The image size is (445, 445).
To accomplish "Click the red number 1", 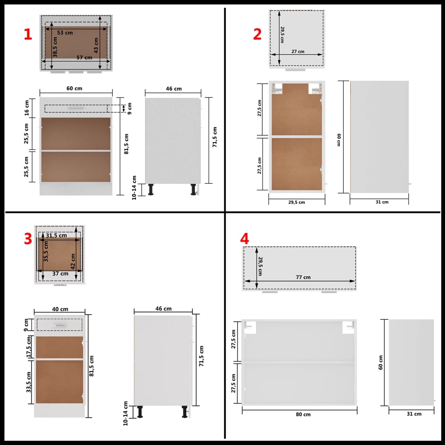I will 28,35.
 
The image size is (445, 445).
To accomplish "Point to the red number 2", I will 257,34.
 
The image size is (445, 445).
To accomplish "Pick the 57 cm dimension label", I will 84,57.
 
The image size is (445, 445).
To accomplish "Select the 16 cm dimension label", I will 27,108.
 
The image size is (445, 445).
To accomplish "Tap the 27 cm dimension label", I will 298,51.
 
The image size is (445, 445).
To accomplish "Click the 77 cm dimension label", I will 303,277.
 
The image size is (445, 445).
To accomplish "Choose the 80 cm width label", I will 303,414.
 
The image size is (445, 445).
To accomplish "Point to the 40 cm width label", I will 60,309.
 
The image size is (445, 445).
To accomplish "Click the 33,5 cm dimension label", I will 29,382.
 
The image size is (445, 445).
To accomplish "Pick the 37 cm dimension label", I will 60,273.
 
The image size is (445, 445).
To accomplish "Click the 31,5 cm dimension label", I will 56,236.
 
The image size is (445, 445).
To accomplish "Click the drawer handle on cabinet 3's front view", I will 60,325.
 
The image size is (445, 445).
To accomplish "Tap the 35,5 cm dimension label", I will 46,251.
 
